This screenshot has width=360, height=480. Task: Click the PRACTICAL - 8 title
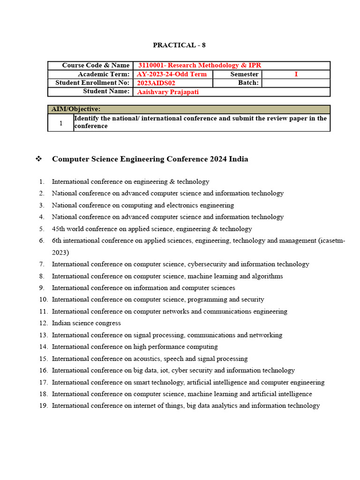[179, 45]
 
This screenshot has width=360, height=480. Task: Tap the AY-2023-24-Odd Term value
[172, 74]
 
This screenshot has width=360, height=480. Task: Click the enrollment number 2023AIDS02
[156, 83]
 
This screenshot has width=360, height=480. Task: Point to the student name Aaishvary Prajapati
[168, 92]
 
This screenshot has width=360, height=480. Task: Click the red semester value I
[296, 74]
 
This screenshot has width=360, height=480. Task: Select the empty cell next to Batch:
[296, 83]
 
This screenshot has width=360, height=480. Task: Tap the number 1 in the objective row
[60, 123]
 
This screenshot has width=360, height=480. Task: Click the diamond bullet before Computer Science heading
[39, 159]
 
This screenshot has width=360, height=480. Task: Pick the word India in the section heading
[238, 159]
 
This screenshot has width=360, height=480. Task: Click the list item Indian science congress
[86, 323]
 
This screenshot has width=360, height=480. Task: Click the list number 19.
[44, 405]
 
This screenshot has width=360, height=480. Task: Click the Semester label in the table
[244, 74]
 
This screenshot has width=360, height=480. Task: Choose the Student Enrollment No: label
[92, 83]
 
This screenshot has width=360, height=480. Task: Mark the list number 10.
[44, 300]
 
